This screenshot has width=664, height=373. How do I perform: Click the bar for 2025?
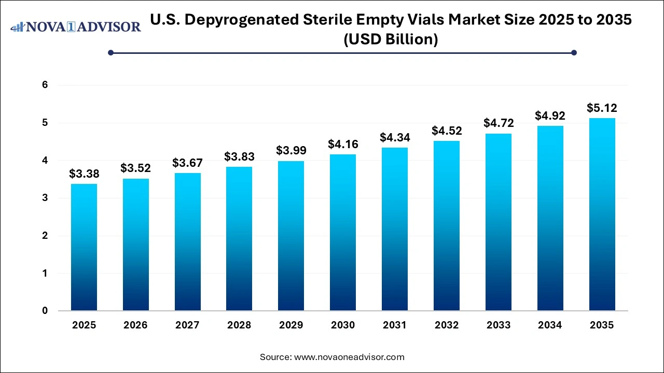[x=84, y=247]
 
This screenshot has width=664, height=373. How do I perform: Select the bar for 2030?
[x=343, y=233]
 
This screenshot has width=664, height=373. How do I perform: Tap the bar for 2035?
[x=602, y=214]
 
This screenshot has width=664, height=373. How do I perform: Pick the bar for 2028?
[x=239, y=239]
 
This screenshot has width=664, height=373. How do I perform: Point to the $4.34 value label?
[x=394, y=137]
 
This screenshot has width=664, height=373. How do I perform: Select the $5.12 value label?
[x=602, y=108]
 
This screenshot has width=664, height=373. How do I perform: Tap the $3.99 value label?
[x=291, y=150]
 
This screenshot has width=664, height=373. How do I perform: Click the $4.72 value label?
[x=498, y=123]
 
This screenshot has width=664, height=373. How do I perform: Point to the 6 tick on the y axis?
[x=45, y=85]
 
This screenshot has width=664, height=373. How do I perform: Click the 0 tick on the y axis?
[x=45, y=311]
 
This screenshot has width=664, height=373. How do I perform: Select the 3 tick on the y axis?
[x=45, y=198]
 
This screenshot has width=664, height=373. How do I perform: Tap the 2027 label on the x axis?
[x=187, y=325]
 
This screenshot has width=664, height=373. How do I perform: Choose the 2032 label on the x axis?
[x=447, y=325]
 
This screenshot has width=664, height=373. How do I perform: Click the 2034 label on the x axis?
[x=550, y=325]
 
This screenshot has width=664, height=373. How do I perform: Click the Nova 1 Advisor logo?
[x=76, y=26]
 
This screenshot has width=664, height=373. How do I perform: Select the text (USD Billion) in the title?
[x=391, y=39]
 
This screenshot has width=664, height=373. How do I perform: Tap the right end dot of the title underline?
[x=574, y=52]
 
